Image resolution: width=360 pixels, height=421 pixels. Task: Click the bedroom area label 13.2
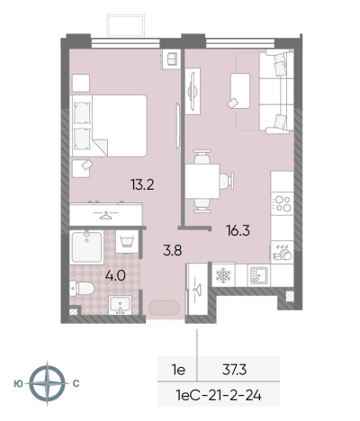(x=142, y=184)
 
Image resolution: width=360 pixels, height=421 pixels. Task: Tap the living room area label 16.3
(x=238, y=230)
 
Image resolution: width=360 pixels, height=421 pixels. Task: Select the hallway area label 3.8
(x=173, y=250)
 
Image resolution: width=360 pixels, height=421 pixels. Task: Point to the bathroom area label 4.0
(x=115, y=275)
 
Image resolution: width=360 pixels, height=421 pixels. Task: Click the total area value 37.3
(x=234, y=370)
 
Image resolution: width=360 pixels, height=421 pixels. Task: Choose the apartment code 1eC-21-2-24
(x=219, y=396)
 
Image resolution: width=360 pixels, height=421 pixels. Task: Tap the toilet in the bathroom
(x=82, y=289)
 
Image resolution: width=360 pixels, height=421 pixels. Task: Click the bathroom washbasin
(x=120, y=305)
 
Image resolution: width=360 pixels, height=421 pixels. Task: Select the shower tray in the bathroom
(x=86, y=247)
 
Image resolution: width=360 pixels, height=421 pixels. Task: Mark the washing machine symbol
(x=127, y=241)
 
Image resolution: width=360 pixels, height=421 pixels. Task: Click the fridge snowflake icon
(x=223, y=274)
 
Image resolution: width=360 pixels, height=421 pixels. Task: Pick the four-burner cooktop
(x=283, y=203)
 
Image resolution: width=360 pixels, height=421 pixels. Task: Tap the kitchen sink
(x=259, y=275)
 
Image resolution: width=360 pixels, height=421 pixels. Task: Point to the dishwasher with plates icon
(x=282, y=252)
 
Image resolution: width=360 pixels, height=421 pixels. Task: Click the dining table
(x=202, y=181)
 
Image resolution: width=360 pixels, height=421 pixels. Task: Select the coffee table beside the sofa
(x=240, y=91)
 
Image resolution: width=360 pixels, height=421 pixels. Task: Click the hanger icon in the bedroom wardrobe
(x=105, y=215)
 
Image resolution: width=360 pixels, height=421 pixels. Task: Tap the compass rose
(x=47, y=383)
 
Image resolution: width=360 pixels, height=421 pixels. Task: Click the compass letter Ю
(x=19, y=383)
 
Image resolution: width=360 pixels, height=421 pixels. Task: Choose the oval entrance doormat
(x=164, y=308)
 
